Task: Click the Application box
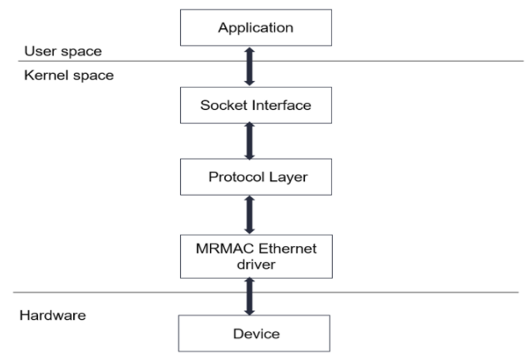255,28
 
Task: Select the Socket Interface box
255,106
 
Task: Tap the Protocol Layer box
255,177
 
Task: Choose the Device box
255,333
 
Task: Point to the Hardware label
53,315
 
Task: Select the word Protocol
232,177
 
